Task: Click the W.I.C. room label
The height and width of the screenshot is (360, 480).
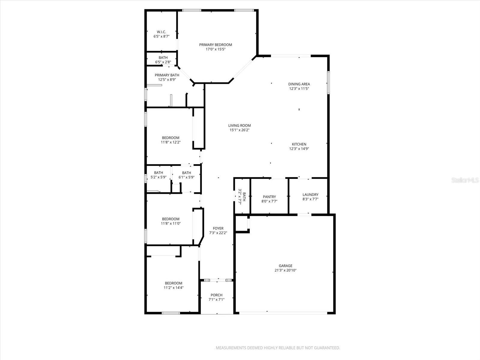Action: [161, 32]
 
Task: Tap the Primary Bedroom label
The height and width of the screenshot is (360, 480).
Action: [215, 45]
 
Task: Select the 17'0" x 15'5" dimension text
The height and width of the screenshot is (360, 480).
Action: [215, 49]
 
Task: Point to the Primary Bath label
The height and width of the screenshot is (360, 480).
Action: [167, 75]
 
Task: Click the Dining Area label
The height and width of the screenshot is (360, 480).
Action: [299, 84]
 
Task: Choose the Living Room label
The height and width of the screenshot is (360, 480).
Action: [239, 125]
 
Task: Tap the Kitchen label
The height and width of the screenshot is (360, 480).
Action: [299, 144]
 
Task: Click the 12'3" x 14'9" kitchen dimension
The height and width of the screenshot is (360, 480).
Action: [299, 148]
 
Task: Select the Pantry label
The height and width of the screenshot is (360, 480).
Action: [269, 197]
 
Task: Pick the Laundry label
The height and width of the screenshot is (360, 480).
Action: [310, 194]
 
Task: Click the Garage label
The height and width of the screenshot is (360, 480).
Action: [285, 266]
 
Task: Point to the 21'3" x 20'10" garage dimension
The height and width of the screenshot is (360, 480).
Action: [285, 270]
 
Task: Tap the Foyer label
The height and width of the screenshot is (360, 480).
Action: [218, 228]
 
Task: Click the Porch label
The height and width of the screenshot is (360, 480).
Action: [217, 295]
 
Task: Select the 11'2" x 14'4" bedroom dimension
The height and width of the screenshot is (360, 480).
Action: [173, 288]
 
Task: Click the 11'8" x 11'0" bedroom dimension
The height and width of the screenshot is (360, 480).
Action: [171, 223]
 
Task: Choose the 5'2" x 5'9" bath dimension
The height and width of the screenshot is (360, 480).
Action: [158, 177]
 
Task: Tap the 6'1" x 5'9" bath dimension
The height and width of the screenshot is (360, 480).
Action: [186, 177]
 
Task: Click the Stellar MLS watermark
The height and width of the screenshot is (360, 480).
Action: [465, 180]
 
